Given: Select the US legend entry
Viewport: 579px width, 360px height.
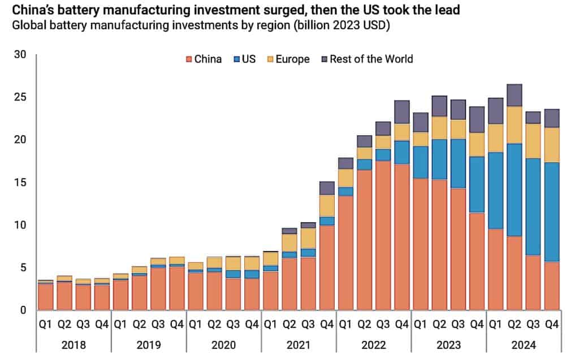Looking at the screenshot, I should [x=244, y=59].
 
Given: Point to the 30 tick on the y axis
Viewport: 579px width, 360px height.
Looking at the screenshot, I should [x=20, y=55].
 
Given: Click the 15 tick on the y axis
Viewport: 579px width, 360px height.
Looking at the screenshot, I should [x=20, y=183].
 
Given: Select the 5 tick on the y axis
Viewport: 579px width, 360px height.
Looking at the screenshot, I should [x=23, y=267].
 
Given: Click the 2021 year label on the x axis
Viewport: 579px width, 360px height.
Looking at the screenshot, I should [x=299, y=345].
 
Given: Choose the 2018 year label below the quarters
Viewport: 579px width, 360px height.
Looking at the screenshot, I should [x=74, y=345].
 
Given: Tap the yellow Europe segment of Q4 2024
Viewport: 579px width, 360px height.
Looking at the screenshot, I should [x=551, y=145].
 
